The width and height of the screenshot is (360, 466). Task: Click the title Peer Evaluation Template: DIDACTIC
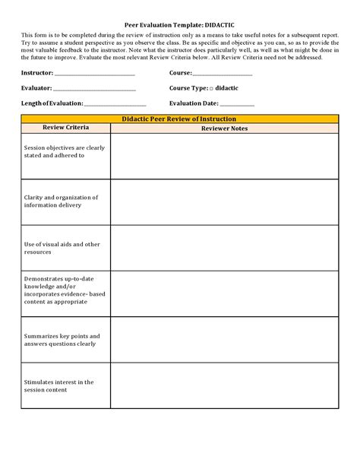[179, 24]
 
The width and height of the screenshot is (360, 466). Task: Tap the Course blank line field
[223, 74]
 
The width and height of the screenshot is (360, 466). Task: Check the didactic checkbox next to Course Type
[211, 88]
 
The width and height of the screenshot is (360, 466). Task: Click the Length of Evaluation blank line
[115, 103]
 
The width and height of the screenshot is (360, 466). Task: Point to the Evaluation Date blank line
[238, 103]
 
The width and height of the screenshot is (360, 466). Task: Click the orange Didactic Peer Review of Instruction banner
[179, 119]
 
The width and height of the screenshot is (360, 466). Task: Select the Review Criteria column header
[66, 128]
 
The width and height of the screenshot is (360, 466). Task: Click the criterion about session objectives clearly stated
[64, 151]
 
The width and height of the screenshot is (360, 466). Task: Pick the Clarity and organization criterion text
[62, 201]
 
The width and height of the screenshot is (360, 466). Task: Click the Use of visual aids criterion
[62, 248]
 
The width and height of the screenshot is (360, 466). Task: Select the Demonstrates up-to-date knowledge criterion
[64, 290]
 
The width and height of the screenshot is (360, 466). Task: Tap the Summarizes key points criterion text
[61, 340]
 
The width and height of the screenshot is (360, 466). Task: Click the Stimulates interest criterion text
[58, 386]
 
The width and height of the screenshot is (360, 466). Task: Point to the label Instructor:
[37, 73]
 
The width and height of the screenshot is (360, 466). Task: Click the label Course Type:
[188, 88]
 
